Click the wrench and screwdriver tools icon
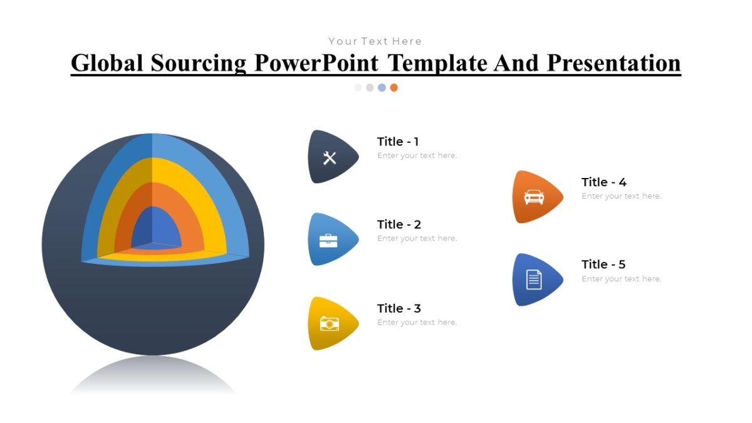tap(330, 158)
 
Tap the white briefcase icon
tap(328, 241)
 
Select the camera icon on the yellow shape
tap(329, 323)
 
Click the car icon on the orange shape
tap(534, 197)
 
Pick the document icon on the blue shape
tap(534, 279)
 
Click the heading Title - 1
tap(398, 142)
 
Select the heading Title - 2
tap(399, 224)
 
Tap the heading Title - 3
tap(399, 308)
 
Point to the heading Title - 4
tap(604, 182)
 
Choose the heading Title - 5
tap(603, 264)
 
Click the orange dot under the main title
tap(394, 88)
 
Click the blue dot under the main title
tap(382, 88)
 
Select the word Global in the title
tap(106, 63)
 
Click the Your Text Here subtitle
tap(375, 41)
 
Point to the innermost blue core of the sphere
tap(157, 229)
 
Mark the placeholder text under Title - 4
tap(621, 196)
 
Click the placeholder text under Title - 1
tap(417, 155)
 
